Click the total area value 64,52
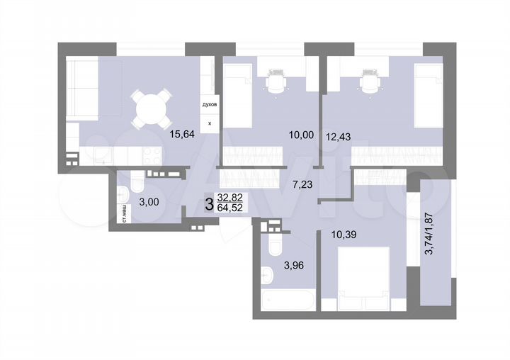pos(232,209)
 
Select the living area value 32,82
pos(232,198)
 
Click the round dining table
pos(152,108)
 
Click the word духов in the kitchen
pos(210,103)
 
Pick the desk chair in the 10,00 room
pos(273,83)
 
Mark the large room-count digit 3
pos(208,204)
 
